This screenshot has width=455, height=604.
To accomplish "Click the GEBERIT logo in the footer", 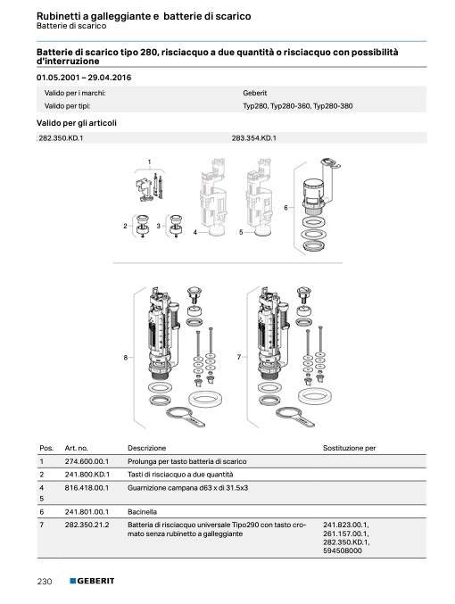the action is tap(92, 581).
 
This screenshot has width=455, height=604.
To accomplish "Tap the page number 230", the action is tap(45, 581).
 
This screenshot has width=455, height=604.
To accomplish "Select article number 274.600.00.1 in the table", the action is tap(87, 461).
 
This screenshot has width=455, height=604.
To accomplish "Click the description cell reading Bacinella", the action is tap(142, 512).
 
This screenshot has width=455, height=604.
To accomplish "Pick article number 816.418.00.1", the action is tap(87, 488).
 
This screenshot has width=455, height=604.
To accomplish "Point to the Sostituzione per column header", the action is tap(349, 448).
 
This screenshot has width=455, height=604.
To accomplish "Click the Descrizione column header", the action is tap(147, 448).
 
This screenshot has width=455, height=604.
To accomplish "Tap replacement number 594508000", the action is tap(343, 550).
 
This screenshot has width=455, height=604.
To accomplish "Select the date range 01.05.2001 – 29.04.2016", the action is tap(84, 78).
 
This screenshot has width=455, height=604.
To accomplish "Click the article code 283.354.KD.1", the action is tap(254, 138).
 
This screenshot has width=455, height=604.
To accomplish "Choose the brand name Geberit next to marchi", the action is tap(254, 93).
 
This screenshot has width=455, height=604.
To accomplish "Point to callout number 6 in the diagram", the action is tap(285, 208).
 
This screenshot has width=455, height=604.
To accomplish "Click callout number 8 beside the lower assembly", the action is tap(126, 358).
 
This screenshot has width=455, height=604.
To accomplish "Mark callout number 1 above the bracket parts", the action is tap(150, 162).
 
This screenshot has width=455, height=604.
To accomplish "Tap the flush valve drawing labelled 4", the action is tap(211, 197).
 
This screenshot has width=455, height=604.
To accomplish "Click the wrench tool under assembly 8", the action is tap(185, 417).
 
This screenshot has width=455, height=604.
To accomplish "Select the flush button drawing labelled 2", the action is tap(143, 226).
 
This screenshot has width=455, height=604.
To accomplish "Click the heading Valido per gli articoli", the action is tap(77, 123).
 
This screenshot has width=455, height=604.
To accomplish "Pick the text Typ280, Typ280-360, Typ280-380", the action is tap(297, 106).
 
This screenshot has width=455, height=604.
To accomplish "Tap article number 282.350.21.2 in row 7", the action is tap(87, 525).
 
